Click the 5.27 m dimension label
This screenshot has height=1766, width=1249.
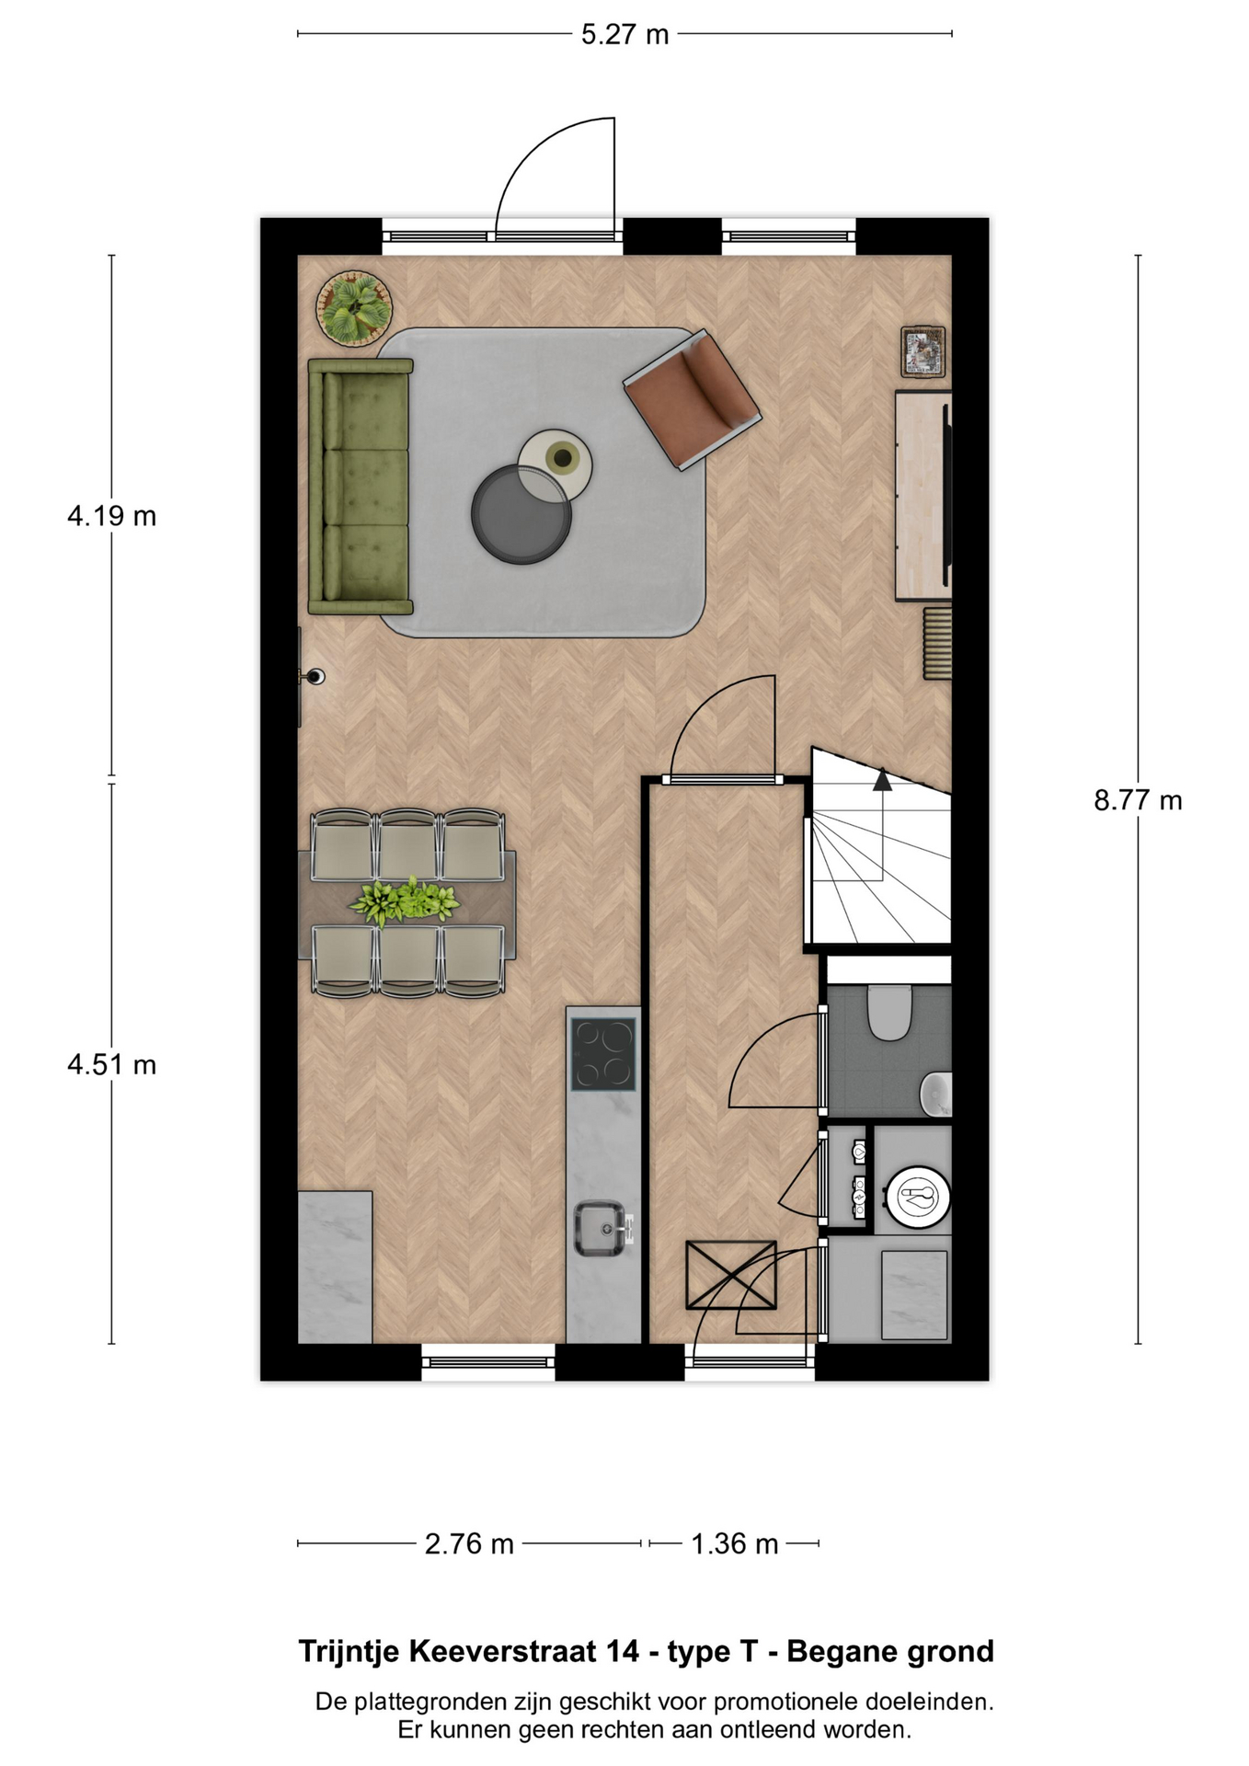[624, 35]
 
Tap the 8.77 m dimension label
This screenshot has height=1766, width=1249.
[1138, 800]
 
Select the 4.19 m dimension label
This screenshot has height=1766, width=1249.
[111, 516]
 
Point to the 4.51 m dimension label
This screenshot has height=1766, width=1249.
[111, 1064]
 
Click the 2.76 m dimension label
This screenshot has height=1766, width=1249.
[469, 1543]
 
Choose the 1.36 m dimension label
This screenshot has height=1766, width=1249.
[735, 1543]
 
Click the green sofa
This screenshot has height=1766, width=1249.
[360, 486]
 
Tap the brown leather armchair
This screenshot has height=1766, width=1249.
[692, 399]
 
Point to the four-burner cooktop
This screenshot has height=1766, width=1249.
[603, 1054]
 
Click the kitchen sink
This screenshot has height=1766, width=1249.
[603, 1228]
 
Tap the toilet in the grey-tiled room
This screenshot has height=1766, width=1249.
[889, 1012]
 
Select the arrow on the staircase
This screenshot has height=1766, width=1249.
[882, 779]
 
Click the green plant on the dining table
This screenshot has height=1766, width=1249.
[405, 900]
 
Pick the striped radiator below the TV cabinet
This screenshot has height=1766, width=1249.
[937, 642]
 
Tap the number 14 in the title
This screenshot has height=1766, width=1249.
[622, 1651]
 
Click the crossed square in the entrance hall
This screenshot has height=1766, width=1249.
[731, 1275]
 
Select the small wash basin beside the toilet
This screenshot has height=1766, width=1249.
[936, 1094]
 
